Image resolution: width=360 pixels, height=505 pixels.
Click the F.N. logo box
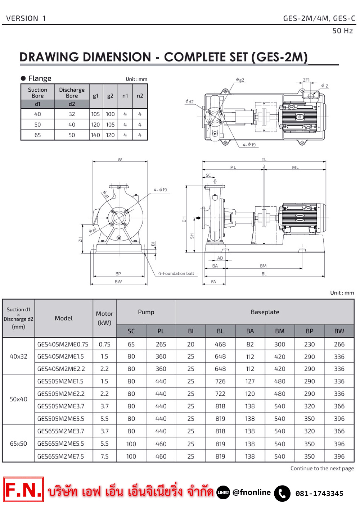coord(23,490)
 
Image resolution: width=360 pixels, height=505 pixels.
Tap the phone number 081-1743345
coord(319,493)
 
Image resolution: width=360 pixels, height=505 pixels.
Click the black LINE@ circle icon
coord(223,492)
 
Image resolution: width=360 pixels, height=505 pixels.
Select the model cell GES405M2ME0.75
coord(63,344)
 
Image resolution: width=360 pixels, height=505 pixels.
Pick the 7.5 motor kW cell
coord(104,456)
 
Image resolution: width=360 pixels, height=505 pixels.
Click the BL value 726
coord(220,381)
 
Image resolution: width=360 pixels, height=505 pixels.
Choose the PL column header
coord(161,331)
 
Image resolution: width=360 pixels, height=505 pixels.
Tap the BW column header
coord(339,331)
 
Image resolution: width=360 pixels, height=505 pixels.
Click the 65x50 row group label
coord(18,443)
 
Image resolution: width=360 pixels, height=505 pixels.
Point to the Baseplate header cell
coord(265,312)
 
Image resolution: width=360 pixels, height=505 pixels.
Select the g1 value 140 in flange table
coord(95,135)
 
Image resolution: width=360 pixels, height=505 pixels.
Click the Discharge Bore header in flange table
coord(72,93)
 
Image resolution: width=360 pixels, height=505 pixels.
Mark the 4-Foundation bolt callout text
coord(176,274)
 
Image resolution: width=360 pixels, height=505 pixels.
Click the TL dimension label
coord(264,159)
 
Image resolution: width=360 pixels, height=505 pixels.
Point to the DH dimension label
coord(184,219)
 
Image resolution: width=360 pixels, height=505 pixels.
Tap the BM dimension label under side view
coord(263,266)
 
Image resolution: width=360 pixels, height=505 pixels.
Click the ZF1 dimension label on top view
coord(306,80)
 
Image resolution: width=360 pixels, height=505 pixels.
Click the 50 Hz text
coord(342,31)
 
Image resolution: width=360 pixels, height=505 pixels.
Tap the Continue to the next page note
coord(322,468)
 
